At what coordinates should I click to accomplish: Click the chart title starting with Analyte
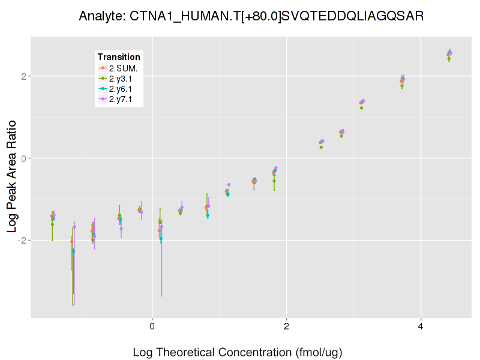[x=251, y=16]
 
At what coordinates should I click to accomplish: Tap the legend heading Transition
[x=119, y=57]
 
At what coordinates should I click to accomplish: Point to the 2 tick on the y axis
[x=25, y=76]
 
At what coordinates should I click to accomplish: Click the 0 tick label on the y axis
[x=25, y=158]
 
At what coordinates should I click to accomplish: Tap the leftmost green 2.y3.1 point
[x=52, y=224]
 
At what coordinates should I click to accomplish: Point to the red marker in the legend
[x=103, y=68]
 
